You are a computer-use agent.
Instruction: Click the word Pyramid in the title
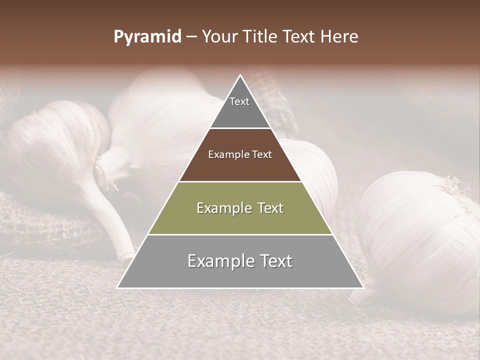(x=147, y=37)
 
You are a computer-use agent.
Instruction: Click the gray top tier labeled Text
(x=240, y=112)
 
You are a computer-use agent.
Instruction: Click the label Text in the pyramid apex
(x=239, y=101)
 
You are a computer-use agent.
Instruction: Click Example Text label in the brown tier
(x=240, y=154)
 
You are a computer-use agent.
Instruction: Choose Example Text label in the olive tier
(x=240, y=208)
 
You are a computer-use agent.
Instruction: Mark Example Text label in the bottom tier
(x=240, y=261)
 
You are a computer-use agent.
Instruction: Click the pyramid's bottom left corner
(x=118, y=287)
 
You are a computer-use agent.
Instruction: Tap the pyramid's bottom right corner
(x=362, y=287)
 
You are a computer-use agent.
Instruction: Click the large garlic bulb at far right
(x=420, y=235)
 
